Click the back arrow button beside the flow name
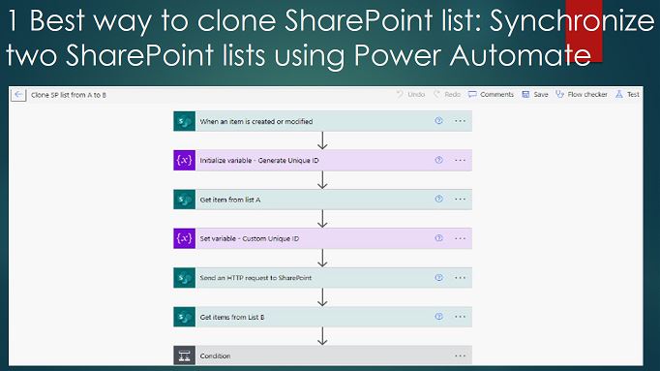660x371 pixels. [18, 95]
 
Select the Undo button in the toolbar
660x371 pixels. [411, 95]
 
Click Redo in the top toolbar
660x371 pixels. [448, 95]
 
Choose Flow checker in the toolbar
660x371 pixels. [584, 95]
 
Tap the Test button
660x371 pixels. [627, 95]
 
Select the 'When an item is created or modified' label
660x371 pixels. [255, 121]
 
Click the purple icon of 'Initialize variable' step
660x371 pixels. [184, 160]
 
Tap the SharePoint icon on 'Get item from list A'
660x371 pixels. [184, 200]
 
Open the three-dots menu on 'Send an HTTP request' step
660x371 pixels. [460, 278]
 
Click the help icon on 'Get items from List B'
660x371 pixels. [438, 317]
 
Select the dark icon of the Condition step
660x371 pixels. [184, 356]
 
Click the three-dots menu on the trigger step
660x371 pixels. [460, 121]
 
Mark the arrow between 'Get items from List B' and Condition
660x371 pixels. [322, 336]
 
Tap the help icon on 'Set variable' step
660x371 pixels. [438, 238]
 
